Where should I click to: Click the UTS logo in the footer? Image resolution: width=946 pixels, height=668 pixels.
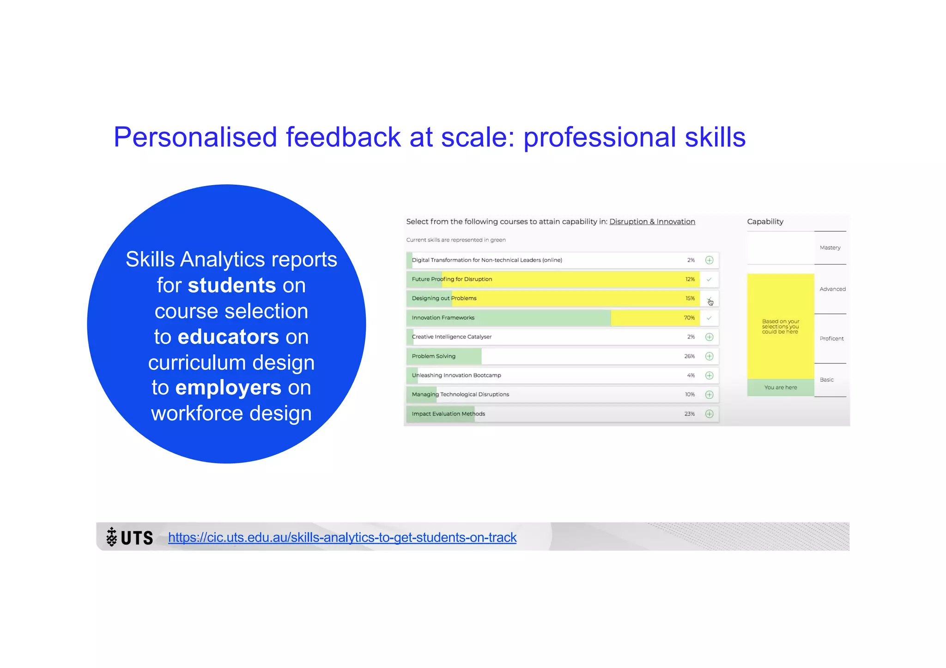click(130, 537)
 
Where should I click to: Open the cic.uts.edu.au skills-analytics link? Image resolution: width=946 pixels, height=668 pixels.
click(342, 537)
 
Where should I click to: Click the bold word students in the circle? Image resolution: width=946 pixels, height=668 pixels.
click(231, 285)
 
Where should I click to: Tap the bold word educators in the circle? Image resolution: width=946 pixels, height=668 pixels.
click(228, 337)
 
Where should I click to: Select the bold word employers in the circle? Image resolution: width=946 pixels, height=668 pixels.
click(228, 387)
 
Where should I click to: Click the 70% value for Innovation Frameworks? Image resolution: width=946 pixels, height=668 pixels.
click(689, 318)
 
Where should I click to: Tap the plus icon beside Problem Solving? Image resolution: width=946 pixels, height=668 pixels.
click(709, 356)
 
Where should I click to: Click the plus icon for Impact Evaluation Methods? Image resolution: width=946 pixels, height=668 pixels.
click(709, 414)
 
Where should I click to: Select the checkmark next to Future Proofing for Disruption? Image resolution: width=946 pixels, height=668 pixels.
click(709, 279)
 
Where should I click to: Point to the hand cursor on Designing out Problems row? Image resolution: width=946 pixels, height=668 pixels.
click(710, 302)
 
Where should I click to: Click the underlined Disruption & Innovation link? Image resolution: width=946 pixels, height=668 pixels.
click(652, 222)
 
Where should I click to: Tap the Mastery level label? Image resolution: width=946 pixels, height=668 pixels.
click(830, 248)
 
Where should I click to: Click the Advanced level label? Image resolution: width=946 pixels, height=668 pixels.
click(832, 289)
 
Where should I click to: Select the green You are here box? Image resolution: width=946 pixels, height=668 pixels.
click(780, 387)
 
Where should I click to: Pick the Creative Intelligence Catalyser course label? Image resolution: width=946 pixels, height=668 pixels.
click(451, 337)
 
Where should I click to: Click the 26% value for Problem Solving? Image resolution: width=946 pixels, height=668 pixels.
click(689, 356)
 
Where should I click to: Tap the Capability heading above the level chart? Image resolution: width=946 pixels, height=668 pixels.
click(765, 222)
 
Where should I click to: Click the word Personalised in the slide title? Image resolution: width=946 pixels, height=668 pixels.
click(195, 137)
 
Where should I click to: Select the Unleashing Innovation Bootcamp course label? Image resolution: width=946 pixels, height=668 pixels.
click(456, 375)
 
